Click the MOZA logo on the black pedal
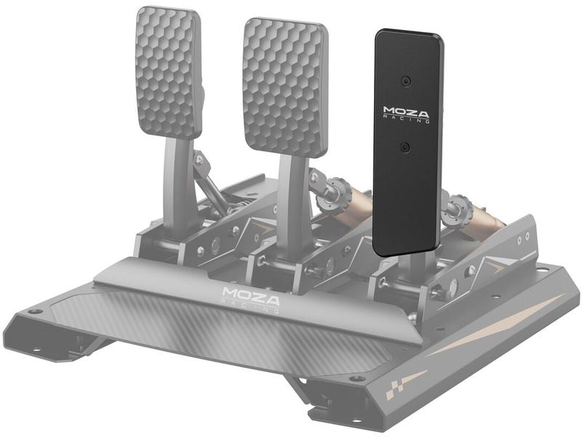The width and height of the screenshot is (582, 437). pyautogui.click(x=406, y=114)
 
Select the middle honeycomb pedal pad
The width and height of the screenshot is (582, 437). pyautogui.click(x=285, y=85)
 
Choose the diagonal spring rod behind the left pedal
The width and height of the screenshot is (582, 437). pyautogui.click(x=210, y=185)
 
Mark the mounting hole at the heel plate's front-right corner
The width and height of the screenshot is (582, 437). pyautogui.click(x=356, y=379)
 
